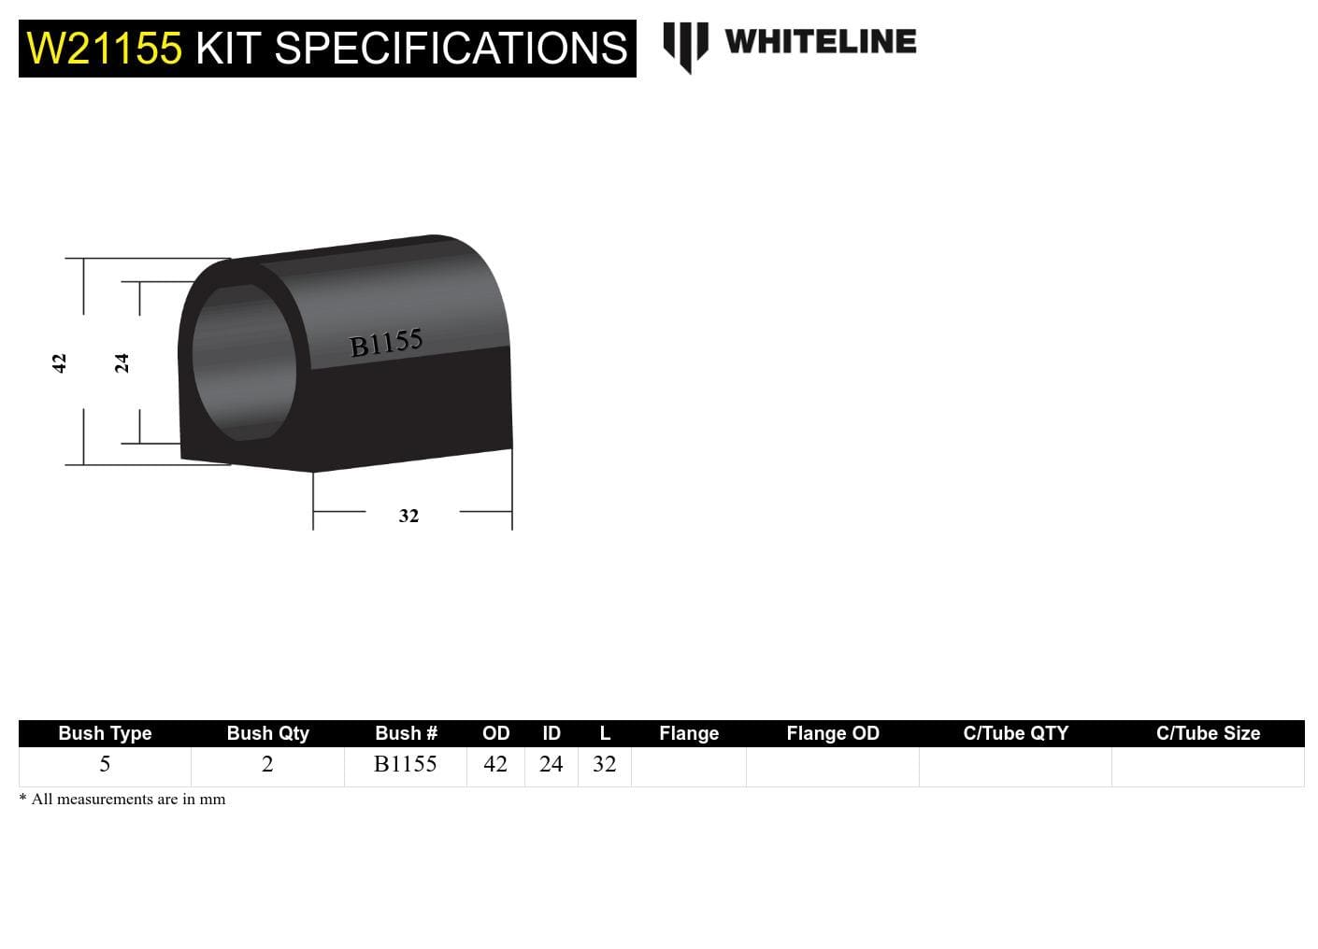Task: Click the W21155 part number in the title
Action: click(104, 49)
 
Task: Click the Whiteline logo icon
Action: click(685, 45)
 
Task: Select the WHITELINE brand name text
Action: click(820, 42)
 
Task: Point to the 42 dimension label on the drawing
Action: click(59, 362)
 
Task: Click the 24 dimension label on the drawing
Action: click(122, 362)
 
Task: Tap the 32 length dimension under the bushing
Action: click(408, 516)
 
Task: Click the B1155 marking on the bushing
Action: click(385, 343)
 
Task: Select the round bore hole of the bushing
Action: click(244, 362)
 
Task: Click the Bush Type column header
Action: click(105, 733)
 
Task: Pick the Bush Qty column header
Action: click(267, 733)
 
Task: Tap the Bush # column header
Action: click(406, 733)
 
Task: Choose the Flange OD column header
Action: click(832, 733)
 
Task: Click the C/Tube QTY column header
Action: click(1015, 733)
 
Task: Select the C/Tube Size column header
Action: click(1208, 733)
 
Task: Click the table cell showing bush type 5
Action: click(105, 764)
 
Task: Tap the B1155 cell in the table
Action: click(406, 764)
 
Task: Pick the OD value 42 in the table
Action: click(495, 764)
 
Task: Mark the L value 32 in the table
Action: click(605, 764)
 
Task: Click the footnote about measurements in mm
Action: click(122, 800)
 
